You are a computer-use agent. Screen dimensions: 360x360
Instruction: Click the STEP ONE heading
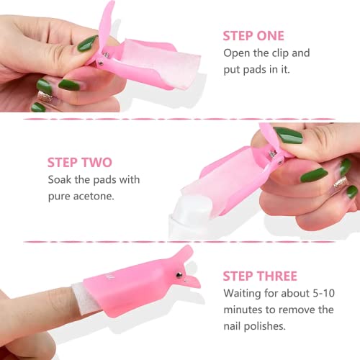[253, 36]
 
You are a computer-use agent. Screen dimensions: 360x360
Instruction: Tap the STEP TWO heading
[80, 163]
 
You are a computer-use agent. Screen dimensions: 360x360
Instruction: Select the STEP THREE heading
[260, 276]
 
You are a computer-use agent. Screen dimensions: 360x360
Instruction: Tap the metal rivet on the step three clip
[179, 275]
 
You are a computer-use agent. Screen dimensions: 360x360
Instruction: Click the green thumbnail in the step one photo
[88, 43]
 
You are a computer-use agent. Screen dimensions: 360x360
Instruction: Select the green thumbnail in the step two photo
[288, 135]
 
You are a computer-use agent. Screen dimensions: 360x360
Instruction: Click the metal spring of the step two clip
[273, 153]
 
